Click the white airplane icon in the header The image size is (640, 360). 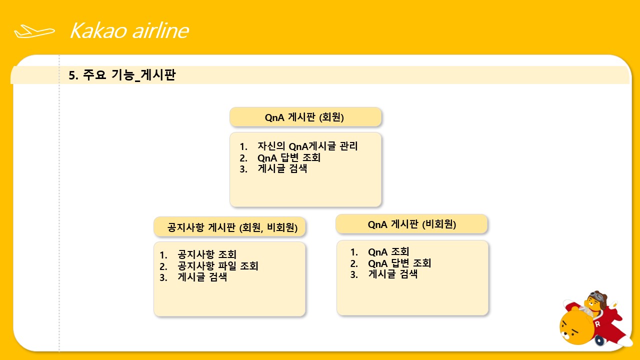[x=34, y=31]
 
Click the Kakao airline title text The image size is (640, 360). [x=129, y=30]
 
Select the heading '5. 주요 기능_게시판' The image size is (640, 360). [x=122, y=75]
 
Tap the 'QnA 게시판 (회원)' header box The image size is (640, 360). [x=305, y=117]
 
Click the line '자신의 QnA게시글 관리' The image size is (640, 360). [x=307, y=146]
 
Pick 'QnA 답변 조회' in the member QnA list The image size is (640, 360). [x=289, y=157]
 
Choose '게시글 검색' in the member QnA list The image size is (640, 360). [x=282, y=168]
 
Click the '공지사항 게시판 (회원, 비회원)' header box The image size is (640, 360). [x=229, y=227]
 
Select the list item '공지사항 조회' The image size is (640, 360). [x=207, y=254]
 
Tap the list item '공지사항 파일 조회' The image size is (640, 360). [x=217, y=265]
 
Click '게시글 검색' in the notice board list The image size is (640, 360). [x=202, y=277]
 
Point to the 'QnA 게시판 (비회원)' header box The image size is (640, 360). [x=411, y=224]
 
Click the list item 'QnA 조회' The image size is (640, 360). [x=388, y=251]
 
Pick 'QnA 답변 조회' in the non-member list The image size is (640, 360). [x=399, y=263]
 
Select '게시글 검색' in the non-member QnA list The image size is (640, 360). [x=393, y=274]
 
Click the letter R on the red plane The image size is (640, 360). [x=597, y=324]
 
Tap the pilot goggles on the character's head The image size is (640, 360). [x=598, y=297]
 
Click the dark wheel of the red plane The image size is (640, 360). [x=599, y=340]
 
